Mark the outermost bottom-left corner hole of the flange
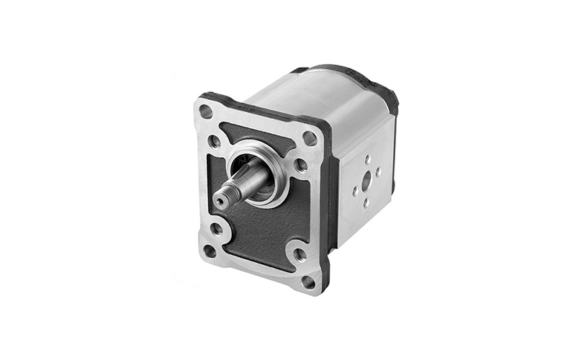(x=210, y=251)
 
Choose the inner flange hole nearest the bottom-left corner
(x=217, y=229)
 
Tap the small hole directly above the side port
(x=366, y=159)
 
